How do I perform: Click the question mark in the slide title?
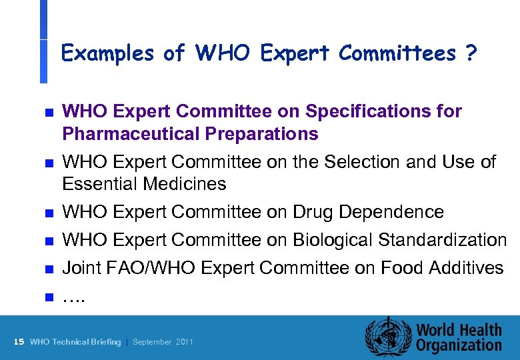pos(471,53)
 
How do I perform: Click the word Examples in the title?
pos(107,53)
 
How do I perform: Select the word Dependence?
pos(391,212)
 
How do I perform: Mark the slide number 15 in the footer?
pos(19,342)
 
